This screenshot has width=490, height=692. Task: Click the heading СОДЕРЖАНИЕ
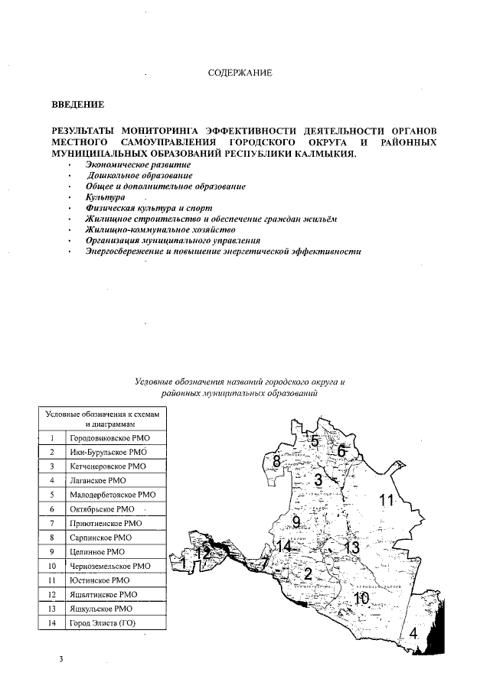click(240, 73)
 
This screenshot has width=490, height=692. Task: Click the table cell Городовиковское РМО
click(110, 439)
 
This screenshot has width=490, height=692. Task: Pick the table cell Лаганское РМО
click(98, 481)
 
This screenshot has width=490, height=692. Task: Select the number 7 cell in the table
click(52, 524)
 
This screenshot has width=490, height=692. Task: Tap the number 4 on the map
click(413, 633)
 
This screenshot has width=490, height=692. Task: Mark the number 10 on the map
click(361, 598)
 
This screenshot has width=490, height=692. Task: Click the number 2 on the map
click(308, 574)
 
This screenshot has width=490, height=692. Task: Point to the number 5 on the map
click(313, 440)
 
